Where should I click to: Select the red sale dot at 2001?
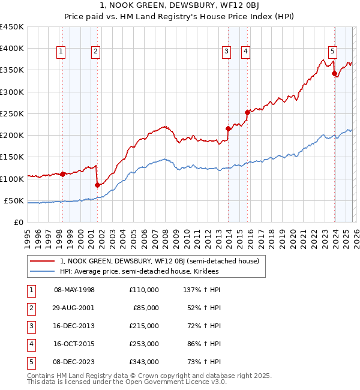tap(97, 185)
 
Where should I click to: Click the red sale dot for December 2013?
tap(228, 128)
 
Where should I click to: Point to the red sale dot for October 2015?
tap(247, 112)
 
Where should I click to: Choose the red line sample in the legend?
tap(43, 261)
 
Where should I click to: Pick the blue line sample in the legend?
tap(43, 272)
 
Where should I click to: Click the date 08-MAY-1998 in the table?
tap(74, 290)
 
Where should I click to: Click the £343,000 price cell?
tap(144, 362)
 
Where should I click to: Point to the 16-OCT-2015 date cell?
tap(74, 344)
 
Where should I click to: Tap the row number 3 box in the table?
tap(30, 326)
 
